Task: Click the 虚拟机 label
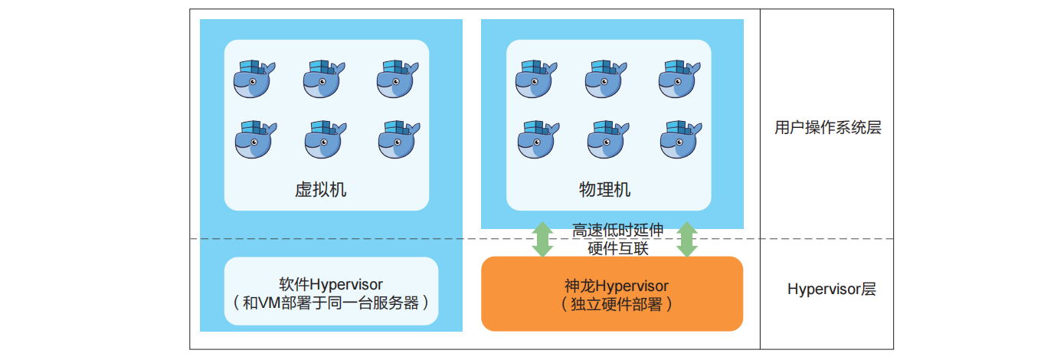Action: (320, 189)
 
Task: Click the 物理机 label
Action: (604, 189)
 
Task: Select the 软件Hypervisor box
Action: (331, 291)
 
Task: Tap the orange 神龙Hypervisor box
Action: (611, 293)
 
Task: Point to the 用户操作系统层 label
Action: (827, 128)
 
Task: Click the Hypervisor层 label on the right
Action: (831, 290)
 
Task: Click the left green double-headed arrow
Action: (542, 239)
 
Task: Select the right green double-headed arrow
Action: (686, 239)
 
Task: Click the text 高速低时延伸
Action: (617, 230)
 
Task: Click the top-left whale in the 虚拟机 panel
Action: (254, 80)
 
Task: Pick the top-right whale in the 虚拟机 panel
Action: (398, 80)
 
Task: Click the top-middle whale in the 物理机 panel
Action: (607, 80)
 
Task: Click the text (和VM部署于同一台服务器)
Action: (331, 303)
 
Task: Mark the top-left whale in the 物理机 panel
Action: (535, 80)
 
